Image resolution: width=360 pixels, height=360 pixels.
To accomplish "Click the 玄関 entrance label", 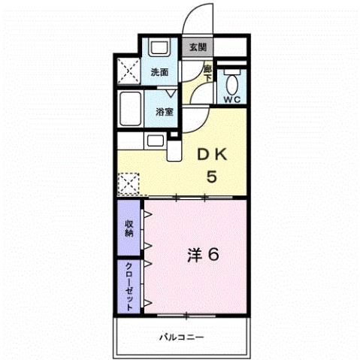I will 198,47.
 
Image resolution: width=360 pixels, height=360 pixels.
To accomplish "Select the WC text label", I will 232,98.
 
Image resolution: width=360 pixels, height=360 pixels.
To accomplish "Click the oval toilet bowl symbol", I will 232,80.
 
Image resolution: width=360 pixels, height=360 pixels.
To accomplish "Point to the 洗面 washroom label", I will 159,73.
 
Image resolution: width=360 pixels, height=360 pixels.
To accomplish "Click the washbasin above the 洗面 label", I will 160,47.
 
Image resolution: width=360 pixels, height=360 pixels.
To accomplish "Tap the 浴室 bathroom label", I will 165,111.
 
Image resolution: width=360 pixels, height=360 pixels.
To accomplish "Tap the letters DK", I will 213,155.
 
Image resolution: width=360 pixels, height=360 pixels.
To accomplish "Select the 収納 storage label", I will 129,228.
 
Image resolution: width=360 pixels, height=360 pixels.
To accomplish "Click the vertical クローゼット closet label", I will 129,286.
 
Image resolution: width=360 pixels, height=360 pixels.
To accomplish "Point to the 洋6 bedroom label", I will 203,254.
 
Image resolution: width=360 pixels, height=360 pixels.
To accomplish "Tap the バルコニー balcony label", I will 181,337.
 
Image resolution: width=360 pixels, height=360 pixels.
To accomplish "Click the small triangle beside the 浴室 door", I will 172,92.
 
